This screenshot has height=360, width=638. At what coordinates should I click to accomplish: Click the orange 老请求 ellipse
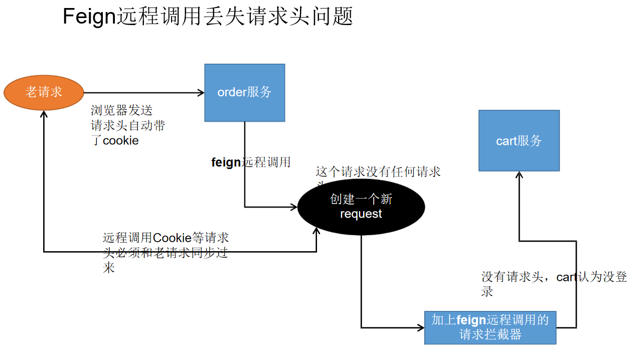[44, 92]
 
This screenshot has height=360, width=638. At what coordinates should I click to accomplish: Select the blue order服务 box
[244, 93]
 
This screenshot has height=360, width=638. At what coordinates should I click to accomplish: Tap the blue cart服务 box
[519, 141]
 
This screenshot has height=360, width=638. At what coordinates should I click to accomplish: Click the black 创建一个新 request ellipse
[361, 207]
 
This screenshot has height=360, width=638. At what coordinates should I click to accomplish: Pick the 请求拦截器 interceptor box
[490, 327]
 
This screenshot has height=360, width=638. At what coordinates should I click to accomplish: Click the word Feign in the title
[89, 17]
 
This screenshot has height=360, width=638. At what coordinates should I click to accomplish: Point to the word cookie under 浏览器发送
[120, 141]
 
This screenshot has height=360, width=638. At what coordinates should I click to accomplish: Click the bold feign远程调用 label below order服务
[251, 162]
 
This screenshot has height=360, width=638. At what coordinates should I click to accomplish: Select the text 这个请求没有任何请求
[378, 172]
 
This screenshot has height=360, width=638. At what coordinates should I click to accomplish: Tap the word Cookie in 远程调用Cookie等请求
[172, 238]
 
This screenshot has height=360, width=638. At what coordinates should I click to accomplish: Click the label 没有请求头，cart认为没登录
[554, 277]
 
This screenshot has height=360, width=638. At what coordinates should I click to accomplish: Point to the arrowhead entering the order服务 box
[201, 92]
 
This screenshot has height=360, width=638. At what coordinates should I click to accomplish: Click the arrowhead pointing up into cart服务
[519, 175]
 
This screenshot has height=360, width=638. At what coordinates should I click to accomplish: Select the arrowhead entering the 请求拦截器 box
[421, 328]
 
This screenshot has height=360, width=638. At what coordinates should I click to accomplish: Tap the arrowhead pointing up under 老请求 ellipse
[44, 115]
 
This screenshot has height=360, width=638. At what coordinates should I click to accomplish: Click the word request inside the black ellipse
[361, 214]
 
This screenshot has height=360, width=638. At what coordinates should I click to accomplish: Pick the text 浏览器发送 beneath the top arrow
[121, 110]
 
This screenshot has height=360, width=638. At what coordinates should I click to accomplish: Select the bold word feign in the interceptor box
[471, 320]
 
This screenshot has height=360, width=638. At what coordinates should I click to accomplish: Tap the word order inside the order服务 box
[232, 93]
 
